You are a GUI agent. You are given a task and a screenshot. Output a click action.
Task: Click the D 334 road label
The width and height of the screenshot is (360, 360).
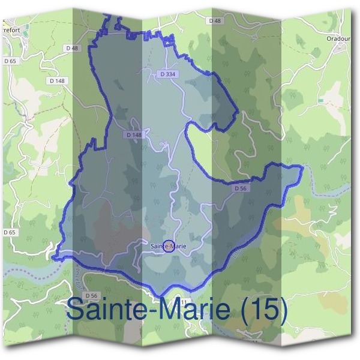pyautogui.click(x=169, y=74)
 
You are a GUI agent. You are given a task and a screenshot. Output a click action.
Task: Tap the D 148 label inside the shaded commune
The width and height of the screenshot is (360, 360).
pyautogui.click(x=134, y=135)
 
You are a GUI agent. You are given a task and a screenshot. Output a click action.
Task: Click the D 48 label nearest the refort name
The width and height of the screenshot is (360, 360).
pyautogui.click(x=73, y=47)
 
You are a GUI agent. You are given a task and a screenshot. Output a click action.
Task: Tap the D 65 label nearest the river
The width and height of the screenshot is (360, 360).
pyautogui.click(x=9, y=232)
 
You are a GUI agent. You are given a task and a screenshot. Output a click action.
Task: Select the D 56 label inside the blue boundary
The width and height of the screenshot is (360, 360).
pyautogui.click(x=241, y=188)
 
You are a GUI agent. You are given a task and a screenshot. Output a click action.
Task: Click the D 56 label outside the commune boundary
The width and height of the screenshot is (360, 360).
pyautogui.click(x=91, y=296)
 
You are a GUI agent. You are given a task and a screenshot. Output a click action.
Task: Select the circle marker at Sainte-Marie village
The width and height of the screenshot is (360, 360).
pyautogui.click(x=169, y=245)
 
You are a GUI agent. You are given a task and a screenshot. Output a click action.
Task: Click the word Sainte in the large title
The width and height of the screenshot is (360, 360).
pyautogui.click(x=103, y=310)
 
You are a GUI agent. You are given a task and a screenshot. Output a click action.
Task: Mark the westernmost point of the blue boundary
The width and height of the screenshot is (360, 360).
pyautogui.click(x=53, y=258)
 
